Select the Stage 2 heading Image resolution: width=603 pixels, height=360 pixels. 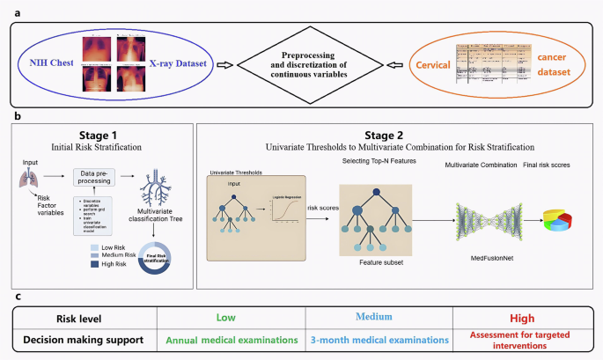click(x=393, y=134)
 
